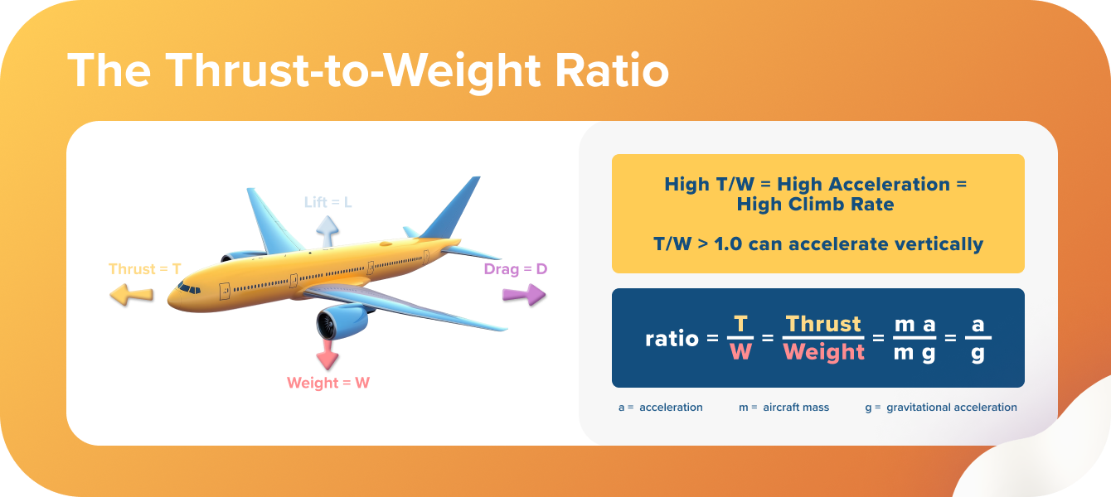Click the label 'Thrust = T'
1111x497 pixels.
point(145,269)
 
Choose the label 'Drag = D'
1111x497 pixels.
point(516,269)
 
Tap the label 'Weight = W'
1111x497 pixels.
point(328,383)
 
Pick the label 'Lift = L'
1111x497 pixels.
point(328,202)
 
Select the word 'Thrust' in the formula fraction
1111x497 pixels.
point(823,324)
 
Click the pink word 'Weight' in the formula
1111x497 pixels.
point(823,351)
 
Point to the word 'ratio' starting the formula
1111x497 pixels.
point(672,338)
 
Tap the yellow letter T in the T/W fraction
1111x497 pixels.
point(740,324)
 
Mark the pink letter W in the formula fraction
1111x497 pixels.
point(740,351)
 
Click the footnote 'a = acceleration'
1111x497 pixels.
point(661,408)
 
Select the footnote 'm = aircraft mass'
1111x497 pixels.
point(784,408)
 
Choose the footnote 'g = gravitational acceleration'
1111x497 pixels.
point(940,408)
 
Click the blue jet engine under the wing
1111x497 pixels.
point(342,320)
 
